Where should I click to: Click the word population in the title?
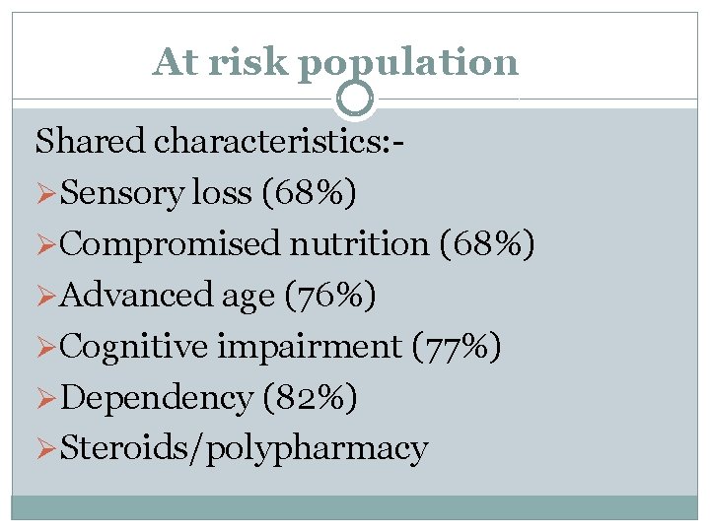(x=408, y=65)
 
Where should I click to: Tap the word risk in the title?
(x=248, y=61)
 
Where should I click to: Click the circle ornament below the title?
(x=355, y=99)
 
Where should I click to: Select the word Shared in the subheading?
(x=90, y=140)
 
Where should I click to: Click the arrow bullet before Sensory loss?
(x=46, y=193)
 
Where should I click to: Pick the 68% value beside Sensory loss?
(x=310, y=192)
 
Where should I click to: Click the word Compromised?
(x=170, y=244)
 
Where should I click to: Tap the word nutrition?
(x=359, y=243)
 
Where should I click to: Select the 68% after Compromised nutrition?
(x=487, y=244)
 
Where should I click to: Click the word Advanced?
(x=135, y=295)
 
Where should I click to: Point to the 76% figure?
(x=330, y=295)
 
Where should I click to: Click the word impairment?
(x=310, y=347)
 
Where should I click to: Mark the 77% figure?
(x=457, y=347)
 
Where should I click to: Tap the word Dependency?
(x=156, y=398)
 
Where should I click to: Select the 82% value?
(x=311, y=398)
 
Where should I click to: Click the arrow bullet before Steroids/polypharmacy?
(x=46, y=449)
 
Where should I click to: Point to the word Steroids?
(x=123, y=447)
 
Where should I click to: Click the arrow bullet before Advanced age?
(x=46, y=296)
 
